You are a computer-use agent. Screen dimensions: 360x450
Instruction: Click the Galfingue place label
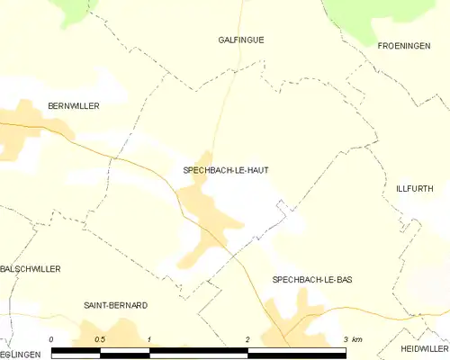click(x=241, y=40)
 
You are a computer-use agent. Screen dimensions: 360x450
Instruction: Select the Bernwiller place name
click(x=73, y=106)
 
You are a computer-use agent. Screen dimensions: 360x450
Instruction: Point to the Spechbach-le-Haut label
click(x=225, y=169)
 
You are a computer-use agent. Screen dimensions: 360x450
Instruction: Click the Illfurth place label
click(x=415, y=189)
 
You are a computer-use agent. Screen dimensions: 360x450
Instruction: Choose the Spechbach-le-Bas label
click(x=311, y=280)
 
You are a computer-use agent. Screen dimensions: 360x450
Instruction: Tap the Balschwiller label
click(x=31, y=268)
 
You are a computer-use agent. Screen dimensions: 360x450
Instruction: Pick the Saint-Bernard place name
click(x=115, y=305)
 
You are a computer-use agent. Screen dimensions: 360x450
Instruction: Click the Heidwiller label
click(x=425, y=348)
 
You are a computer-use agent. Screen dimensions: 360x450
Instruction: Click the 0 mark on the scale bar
click(x=51, y=338)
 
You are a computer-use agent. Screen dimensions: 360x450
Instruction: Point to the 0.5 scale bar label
click(x=99, y=338)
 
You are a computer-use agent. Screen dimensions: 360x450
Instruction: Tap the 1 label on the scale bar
click(x=148, y=338)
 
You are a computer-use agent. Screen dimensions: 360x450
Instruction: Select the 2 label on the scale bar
click(x=247, y=338)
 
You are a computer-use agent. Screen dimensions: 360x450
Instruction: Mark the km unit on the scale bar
click(x=357, y=338)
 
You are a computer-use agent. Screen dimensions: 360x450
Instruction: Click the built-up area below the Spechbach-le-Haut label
click(x=202, y=211)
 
